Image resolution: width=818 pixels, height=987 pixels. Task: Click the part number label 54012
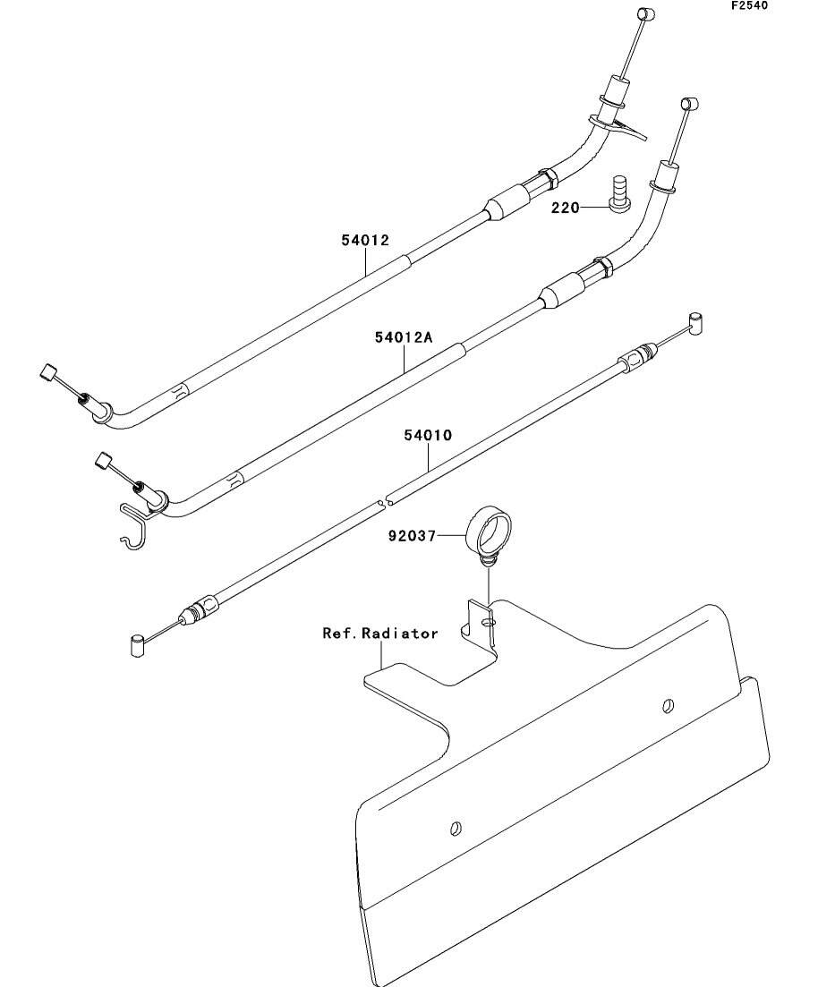[364, 240]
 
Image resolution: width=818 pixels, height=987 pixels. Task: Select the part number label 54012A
[404, 337]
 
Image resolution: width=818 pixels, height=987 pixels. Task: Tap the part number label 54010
[428, 436]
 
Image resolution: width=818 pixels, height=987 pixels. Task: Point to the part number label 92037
[412, 537]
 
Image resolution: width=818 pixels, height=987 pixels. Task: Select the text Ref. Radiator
[380, 634]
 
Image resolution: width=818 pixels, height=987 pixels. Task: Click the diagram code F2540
[748, 5]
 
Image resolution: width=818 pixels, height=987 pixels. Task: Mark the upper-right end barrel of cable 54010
[696, 321]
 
